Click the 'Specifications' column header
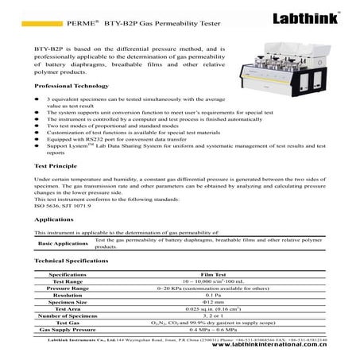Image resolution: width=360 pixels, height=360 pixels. click(68, 273)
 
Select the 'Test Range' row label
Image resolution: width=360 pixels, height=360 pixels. click(68, 281)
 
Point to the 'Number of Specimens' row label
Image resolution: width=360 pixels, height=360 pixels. click(68, 315)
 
